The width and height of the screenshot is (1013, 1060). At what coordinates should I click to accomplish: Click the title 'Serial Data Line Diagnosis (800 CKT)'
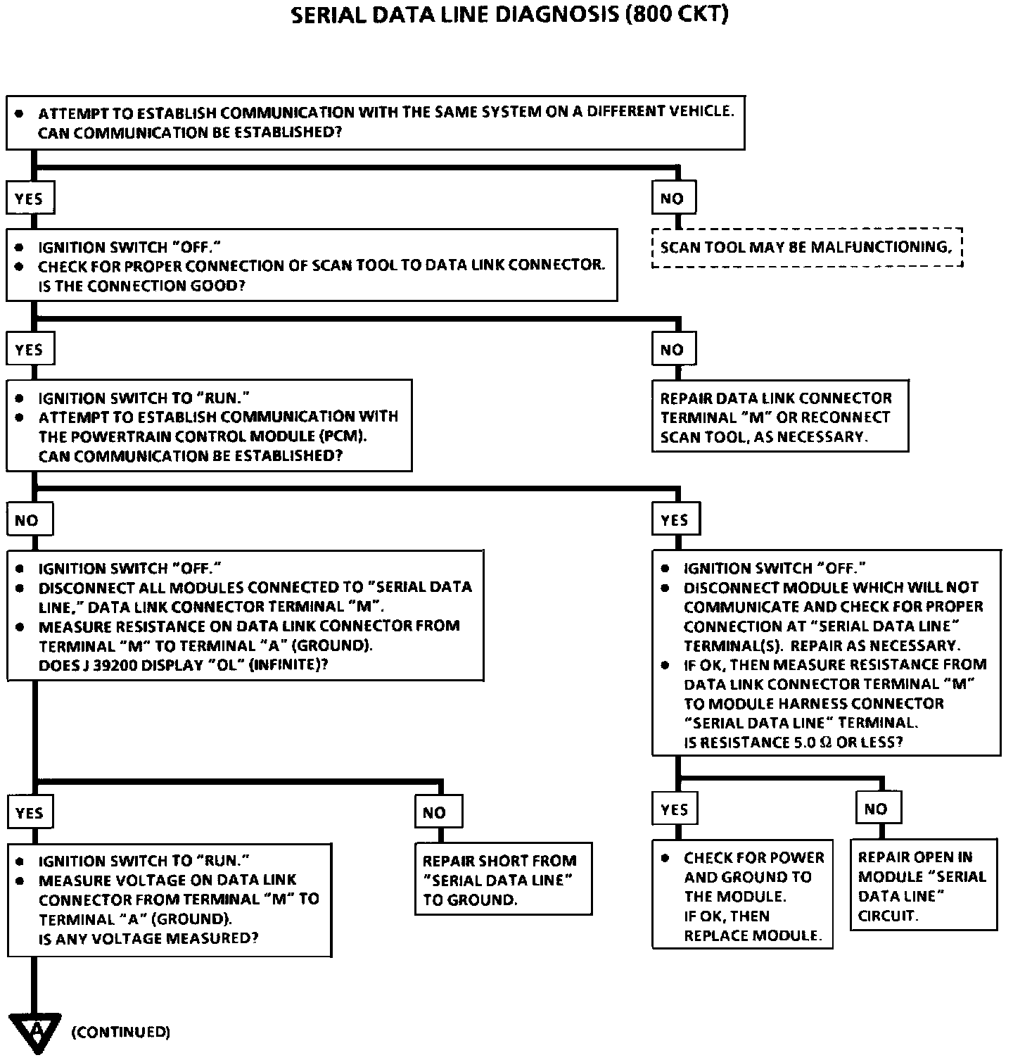click(509, 15)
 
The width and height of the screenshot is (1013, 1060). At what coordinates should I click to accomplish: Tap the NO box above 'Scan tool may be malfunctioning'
click(673, 198)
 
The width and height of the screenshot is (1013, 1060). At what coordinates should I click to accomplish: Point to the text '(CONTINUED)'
click(120, 1033)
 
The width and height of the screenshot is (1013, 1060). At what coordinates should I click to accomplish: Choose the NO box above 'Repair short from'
click(438, 813)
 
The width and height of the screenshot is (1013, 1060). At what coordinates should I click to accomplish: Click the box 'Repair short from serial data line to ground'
click(503, 880)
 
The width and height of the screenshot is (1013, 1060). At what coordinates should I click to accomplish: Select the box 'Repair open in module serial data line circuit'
click(923, 885)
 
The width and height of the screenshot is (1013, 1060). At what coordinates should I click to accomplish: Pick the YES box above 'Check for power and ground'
click(675, 809)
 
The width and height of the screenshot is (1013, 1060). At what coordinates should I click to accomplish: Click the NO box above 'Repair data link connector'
click(673, 350)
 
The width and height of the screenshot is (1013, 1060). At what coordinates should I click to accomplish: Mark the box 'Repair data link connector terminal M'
click(779, 417)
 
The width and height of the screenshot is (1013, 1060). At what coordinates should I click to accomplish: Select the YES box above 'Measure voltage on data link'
click(30, 813)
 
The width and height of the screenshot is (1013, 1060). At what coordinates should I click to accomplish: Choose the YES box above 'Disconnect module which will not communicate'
click(675, 520)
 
